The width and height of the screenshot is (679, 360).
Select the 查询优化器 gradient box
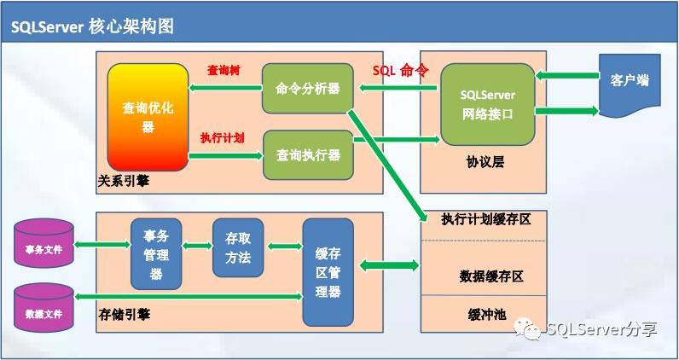click(x=148, y=117)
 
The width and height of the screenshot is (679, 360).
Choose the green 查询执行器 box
click(x=308, y=154)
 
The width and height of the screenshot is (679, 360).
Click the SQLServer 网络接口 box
click(x=487, y=103)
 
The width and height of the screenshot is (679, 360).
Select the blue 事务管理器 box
click(x=156, y=253)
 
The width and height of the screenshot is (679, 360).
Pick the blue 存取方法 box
click(x=238, y=247)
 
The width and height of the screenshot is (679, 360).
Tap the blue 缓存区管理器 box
click(x=328, y=271)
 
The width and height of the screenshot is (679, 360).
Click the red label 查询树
click(x=223, y=70)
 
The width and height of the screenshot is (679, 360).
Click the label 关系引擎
click(x=123, y=181)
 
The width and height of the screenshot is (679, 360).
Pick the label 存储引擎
click(x=124, y=315)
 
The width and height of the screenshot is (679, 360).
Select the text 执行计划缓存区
click(x=486, y=219)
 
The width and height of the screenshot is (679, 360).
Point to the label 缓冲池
click(x=486, y=313)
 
